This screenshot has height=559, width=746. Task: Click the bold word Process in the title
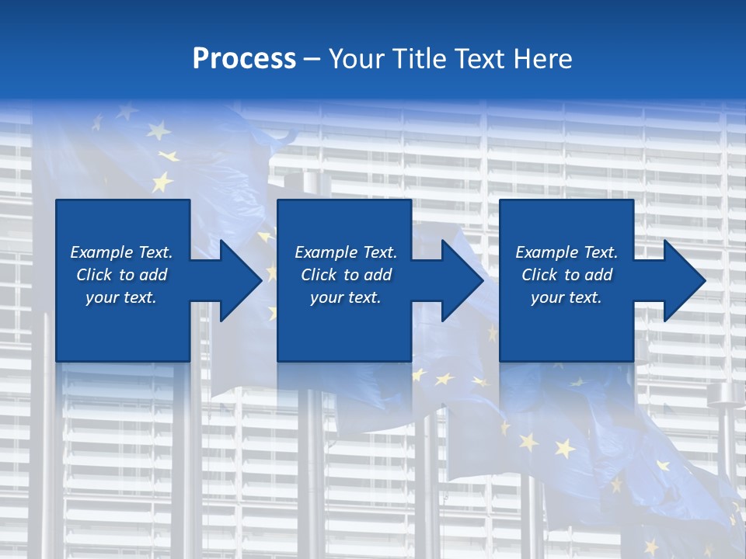[x=244, y=59]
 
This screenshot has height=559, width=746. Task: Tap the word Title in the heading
[x=418, y=59]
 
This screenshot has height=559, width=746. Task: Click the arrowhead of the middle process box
[x=461, y=280]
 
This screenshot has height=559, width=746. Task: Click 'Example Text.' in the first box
[x=121, y=252]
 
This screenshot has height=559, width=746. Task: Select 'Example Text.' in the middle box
[x=346, y=252]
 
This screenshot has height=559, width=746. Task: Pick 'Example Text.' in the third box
[x=566, y=252]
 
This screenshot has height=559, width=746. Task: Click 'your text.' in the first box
[x=121, y=297]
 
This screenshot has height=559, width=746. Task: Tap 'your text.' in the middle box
[x=346, y=297]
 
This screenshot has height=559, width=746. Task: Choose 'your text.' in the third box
[x=566, y=297]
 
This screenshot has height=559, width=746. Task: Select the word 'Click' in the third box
[x=540, y=275]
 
